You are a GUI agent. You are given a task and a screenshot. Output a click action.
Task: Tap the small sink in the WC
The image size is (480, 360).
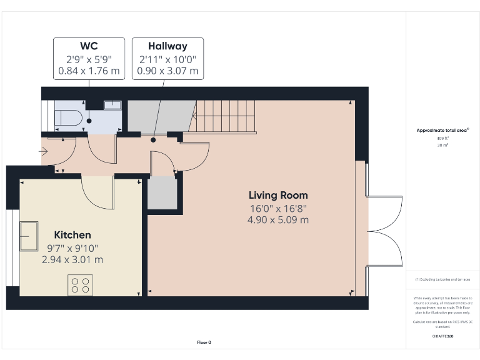112,105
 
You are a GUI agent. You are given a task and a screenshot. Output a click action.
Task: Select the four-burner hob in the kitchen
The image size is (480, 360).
80,285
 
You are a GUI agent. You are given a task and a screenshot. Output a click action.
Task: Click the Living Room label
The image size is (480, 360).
278,195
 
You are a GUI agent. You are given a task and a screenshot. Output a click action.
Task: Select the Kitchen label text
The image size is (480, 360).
72,235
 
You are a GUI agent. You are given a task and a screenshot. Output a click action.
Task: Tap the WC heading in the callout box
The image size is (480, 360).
88,46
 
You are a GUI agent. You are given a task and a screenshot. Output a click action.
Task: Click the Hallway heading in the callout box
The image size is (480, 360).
167,46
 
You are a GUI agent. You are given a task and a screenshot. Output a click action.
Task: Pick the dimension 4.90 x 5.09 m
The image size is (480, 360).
278,220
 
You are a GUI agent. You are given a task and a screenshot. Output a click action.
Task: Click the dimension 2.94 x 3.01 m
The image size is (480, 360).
72,259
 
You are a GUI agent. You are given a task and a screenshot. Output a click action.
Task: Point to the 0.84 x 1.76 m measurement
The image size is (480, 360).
88,71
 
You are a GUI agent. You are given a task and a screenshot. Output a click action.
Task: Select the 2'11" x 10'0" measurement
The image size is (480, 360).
167,59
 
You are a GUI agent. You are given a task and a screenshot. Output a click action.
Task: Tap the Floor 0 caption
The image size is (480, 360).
204,342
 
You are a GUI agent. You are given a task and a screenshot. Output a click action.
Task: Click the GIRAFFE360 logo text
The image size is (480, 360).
442,336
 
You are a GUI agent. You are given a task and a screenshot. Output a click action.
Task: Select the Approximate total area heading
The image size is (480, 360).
442,130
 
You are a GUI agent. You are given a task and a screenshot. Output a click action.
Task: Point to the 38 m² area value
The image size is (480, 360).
442,144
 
